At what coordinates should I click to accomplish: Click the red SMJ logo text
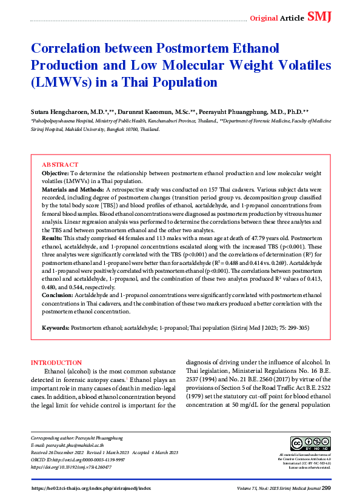click(319, 17)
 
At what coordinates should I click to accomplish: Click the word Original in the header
click(264, 18)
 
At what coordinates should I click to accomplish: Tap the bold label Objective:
click(55, 173)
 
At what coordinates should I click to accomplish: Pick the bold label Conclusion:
click(58, 295)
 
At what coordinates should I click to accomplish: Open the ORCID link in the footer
click(78, 460)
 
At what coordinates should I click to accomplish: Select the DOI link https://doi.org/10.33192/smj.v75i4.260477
click(73, 467)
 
